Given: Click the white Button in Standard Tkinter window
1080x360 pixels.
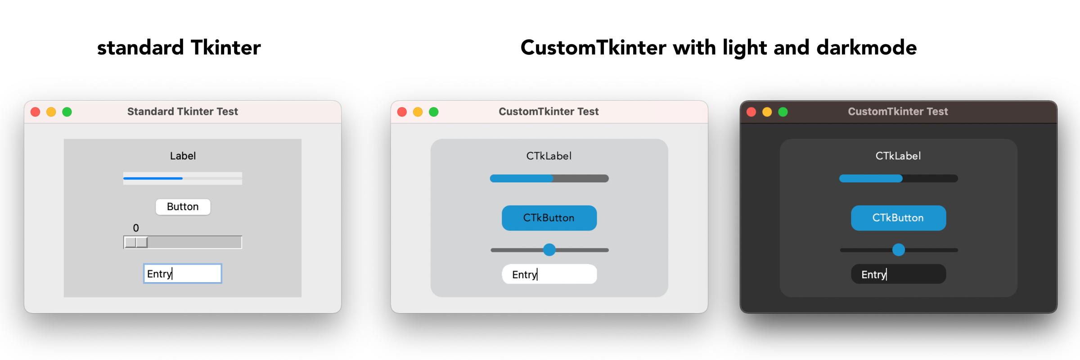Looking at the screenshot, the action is click(x=183, y=207).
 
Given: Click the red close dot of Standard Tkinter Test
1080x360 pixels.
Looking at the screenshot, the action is click(x=36, y=112).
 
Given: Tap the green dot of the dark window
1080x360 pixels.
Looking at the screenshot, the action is click(x=783, y=112).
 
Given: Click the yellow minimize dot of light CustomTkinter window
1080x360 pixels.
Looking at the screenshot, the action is click(x=418, y=112).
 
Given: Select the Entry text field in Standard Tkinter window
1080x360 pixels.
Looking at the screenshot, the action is click(x=183, y=274).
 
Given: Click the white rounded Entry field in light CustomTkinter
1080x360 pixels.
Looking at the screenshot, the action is click(x=549, y=274).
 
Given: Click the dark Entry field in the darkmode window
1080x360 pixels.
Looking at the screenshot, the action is click(x=899, y=274).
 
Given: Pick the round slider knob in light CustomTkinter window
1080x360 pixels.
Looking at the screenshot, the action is click(x=549, y=250).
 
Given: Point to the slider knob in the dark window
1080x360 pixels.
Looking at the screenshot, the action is click(x=899, y=250).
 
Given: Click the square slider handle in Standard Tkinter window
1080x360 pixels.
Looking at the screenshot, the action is click(x=136, y=242).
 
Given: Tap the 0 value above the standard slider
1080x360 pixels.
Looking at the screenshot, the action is click(x=136, y=228).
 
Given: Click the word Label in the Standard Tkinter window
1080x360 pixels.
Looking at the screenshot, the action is click(x=183, y=156).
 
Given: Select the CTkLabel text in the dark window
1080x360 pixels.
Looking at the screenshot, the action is click(x=898, y=156).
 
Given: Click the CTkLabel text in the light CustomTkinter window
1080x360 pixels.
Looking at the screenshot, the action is click(x=549, y=156).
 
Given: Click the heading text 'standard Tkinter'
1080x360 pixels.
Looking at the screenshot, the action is click(x=179, y=48).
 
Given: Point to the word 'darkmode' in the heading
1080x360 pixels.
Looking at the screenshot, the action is click(x=866, y=48).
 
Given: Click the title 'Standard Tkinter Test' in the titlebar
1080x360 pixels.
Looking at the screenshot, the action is click(x=183, y=112).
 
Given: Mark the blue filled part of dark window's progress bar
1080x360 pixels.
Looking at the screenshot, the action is click(x=871, y=179).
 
